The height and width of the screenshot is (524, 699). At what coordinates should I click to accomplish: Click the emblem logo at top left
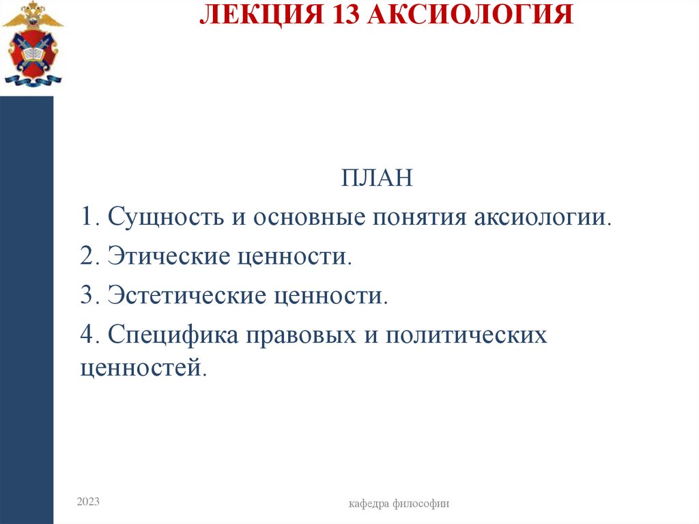[x=32, y=44]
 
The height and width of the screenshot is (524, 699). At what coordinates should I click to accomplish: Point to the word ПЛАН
[x=377, y=179]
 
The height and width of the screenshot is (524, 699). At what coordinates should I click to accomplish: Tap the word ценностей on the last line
[x=142, y=368]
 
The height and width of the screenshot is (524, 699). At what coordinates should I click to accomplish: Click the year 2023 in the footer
[x=88, y=502]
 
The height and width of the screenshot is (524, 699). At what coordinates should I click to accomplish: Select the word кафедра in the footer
[x=369, y=504]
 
